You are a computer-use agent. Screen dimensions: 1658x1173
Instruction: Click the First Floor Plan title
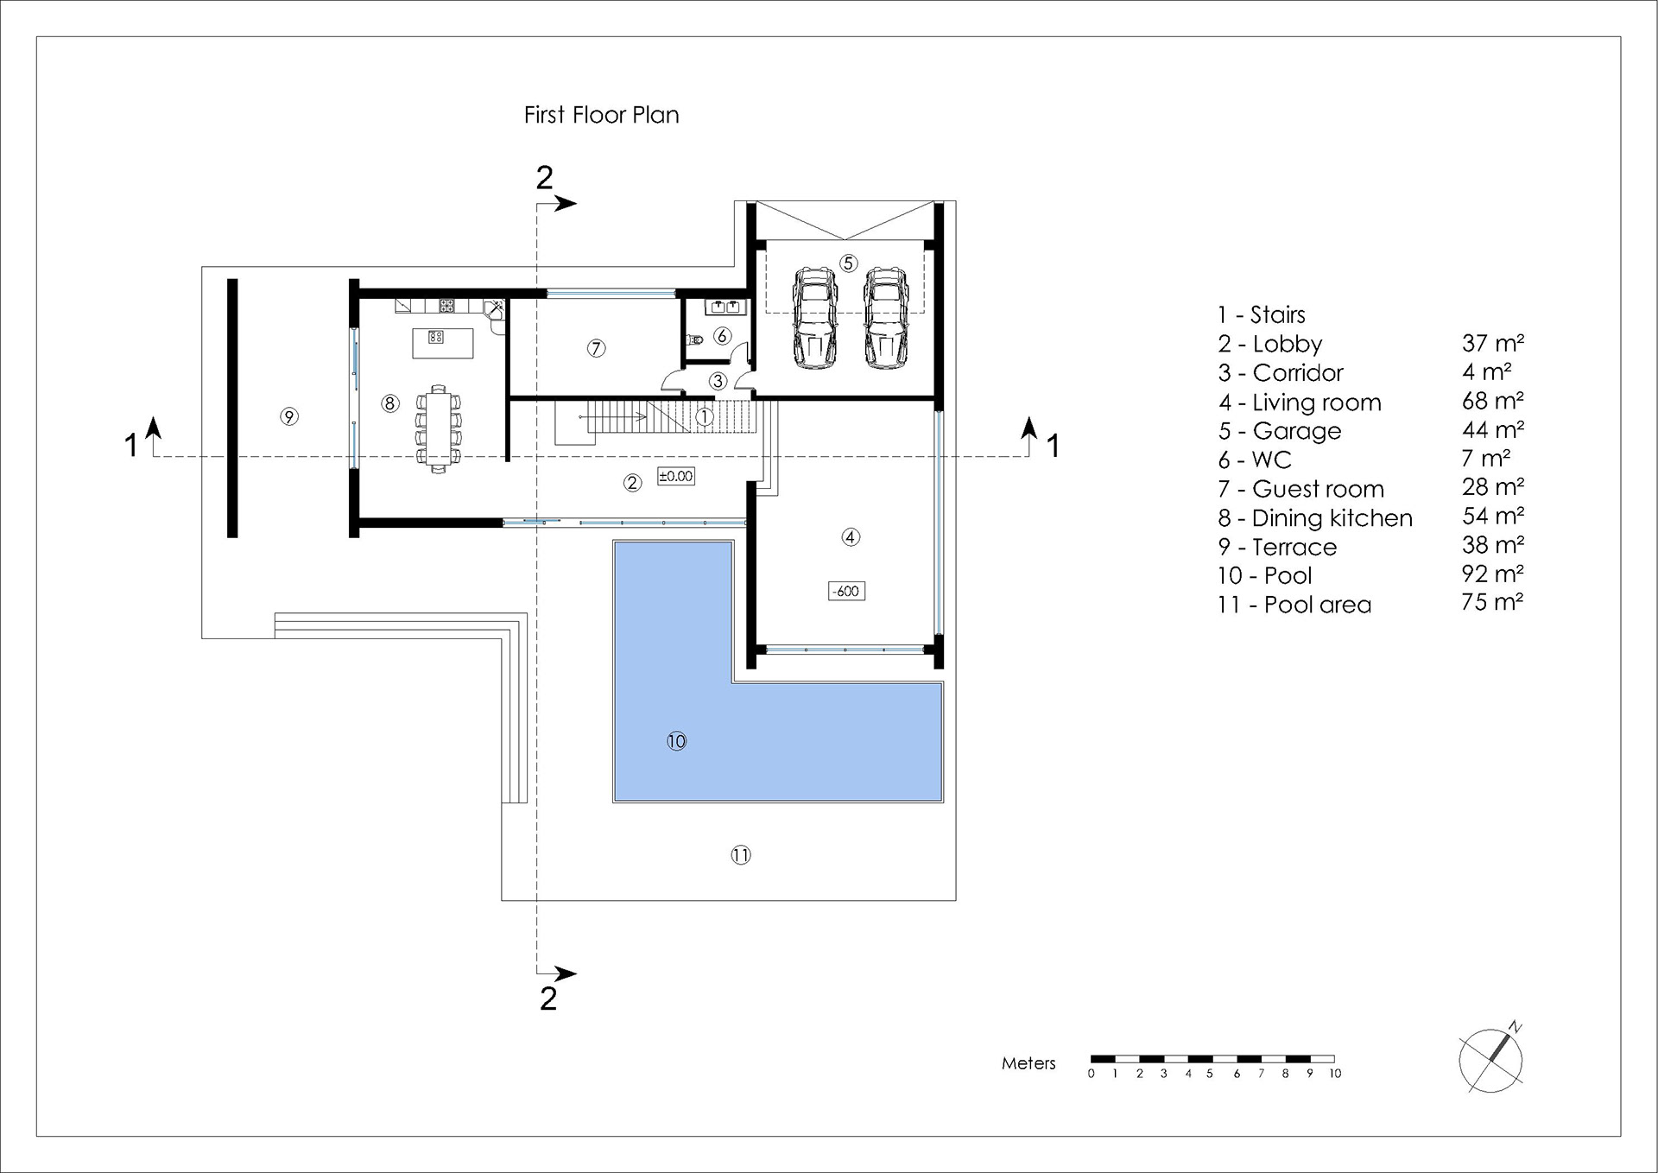pos(601,115)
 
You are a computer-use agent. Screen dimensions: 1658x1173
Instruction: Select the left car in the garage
pos(814,317)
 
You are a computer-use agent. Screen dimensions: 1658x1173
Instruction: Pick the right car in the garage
pos(886,317)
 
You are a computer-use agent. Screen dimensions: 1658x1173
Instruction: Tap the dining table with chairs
pos(439,429)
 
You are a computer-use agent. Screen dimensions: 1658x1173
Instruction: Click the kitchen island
pos(443,342)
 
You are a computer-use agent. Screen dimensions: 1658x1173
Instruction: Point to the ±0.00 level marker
pos(675,476)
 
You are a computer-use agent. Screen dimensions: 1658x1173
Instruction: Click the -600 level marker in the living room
pos(846,592)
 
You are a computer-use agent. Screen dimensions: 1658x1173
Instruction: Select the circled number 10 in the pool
pos(676,741)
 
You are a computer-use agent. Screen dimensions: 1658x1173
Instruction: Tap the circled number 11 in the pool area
pos(741,855)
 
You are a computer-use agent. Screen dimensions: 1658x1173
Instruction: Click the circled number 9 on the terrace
pos(289,416)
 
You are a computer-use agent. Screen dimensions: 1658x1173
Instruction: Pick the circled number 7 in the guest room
pos(596,348)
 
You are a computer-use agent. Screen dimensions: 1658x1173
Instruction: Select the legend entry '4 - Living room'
pos(1300,403)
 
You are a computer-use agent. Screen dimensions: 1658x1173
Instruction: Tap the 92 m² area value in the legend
pos(1492,574)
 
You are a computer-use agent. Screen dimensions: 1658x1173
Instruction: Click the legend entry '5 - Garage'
pos(1280,431)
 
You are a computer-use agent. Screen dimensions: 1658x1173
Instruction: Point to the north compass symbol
pos(1491,1059)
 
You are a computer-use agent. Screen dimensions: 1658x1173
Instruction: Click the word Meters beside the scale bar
pos(1028,1063)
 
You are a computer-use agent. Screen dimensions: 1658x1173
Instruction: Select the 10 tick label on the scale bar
pos(1335,1074)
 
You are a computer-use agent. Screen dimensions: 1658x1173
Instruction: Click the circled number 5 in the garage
pos(848,263)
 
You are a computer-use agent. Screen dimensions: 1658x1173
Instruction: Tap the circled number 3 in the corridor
pos(718,381)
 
